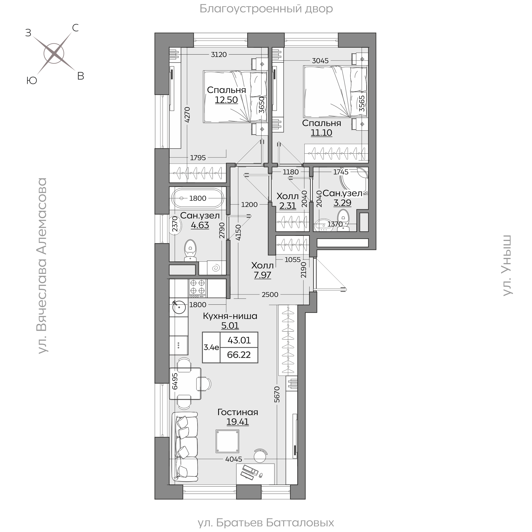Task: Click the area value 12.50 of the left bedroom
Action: [x=226, y=100]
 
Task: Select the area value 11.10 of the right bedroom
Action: [x=321, y=133]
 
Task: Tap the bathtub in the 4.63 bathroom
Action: [x=197, y=198]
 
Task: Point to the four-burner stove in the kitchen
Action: [x=197, y=288]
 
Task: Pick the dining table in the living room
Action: [x=185, y=384]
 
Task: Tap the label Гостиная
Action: [x=238, y=412]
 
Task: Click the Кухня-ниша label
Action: [x=230, y=316]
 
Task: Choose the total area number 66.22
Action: [x=239, y=355]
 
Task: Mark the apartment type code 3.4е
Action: [x=211, y=347]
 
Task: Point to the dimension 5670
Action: [x=277, y=394]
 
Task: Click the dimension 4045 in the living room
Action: [x=233, y=459]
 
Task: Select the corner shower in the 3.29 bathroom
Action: [x=355, y=180]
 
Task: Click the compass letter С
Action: [x=75, y=28]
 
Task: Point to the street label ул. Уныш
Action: [x=507, y=265]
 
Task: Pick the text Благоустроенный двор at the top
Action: [x=266, y=9]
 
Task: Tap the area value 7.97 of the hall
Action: [x=263, y=275]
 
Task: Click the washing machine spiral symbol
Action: [x=216, y=268]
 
